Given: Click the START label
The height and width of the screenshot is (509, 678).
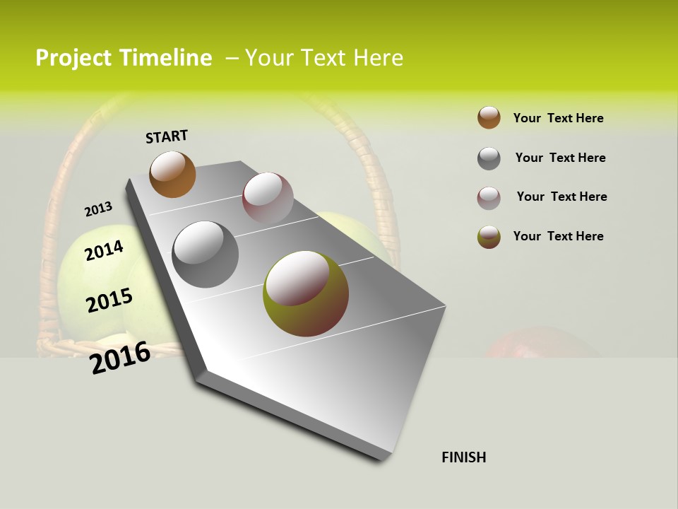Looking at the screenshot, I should (x=167, y=136).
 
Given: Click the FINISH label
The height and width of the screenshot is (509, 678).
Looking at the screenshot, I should (x=464, y=457).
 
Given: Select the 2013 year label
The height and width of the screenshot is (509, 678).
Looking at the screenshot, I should (x=99, y=209).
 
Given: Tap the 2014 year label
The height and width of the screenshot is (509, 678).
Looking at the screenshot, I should (x=105, y=251).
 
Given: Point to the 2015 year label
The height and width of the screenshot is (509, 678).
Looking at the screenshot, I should (x=109, y=300).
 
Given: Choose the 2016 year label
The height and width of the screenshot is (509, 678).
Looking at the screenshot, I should (x=121, y=358).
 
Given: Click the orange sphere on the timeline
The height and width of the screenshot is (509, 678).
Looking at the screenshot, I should (x=173, y=174).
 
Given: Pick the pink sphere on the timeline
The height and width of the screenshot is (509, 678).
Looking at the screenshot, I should (x=268, y=197).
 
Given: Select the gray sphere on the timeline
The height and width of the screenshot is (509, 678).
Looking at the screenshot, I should (x=206, y=255).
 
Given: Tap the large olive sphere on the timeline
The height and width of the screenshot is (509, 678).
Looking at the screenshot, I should (x=306, y=293).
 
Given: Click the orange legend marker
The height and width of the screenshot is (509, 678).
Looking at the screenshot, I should (x=489, y=117).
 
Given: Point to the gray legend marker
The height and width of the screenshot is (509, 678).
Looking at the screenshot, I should (x=489, y=158).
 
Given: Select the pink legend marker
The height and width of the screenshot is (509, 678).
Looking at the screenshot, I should (x=489, y=198).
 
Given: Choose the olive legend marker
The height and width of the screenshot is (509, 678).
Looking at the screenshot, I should (x=489, y=237).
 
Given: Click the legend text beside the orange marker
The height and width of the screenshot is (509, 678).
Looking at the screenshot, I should (x=558, y=118).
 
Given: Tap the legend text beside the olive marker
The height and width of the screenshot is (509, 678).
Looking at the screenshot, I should (x=558, y=236).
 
